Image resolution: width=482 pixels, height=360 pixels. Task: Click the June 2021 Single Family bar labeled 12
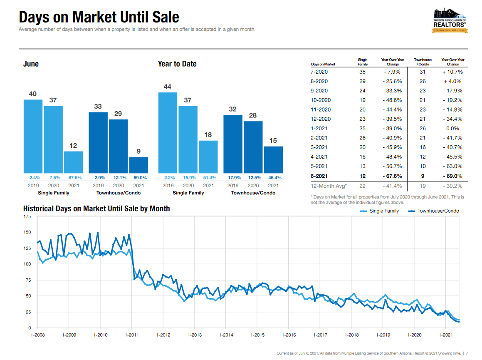click(73, 162)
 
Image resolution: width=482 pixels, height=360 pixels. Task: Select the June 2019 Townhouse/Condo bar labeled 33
click(98, 143)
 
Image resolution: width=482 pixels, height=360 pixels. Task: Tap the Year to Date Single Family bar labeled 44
click(168, 133)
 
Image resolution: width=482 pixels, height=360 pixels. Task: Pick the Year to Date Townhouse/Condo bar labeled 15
click(273, 160)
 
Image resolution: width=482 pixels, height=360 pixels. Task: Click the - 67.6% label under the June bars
click(73, 178)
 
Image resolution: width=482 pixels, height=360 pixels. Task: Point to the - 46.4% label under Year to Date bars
click(273, 178)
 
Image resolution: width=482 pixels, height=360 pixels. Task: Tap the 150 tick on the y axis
click(27, 232)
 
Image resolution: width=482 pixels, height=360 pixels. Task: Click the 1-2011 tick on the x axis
click(131, 335)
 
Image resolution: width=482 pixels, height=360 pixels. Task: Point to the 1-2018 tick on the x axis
click(351, 335)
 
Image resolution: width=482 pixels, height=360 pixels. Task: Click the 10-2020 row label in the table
click(319, 100)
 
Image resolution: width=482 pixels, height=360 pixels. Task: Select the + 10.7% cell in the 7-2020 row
click(452, 72)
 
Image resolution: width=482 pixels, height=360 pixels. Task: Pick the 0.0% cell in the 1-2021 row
click(452, 129)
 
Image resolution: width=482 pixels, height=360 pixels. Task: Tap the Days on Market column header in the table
click(323, 65)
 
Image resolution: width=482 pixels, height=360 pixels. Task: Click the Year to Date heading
click(177, 64)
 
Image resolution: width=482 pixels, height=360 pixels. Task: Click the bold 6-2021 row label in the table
click(319, 176)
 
